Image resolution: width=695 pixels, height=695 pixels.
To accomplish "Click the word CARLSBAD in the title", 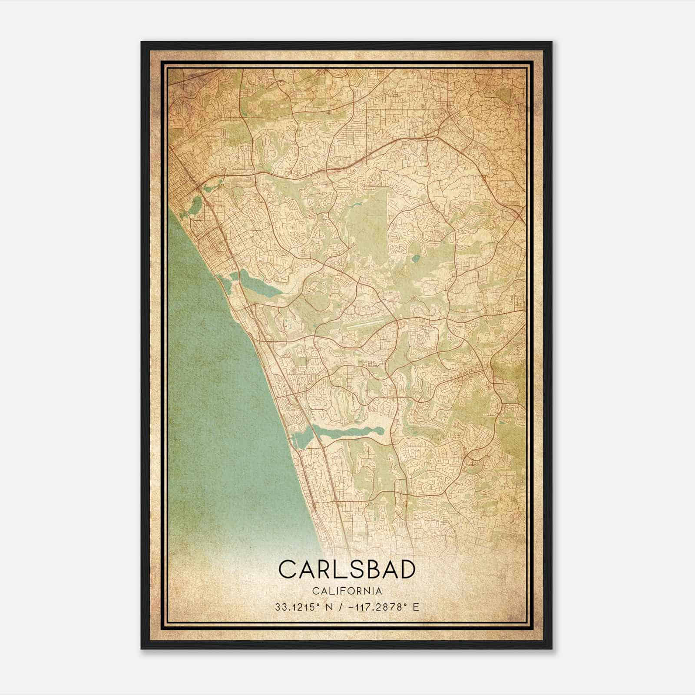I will (x=347, y=569).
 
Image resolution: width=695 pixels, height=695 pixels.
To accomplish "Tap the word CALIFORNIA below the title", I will (x=347, y=591).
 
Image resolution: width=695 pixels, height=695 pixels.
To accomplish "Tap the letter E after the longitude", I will (x=416, y=607).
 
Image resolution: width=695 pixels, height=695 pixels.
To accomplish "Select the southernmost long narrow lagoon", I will (x=347, y=430).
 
